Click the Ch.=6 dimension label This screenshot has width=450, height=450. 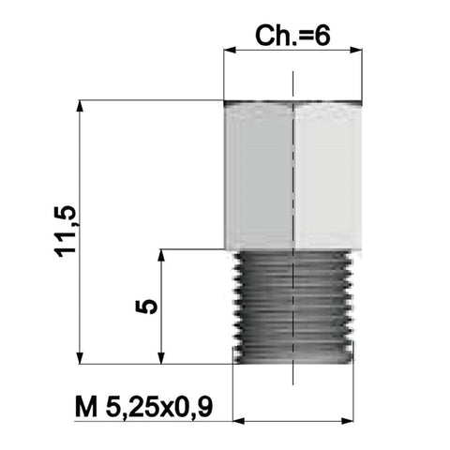click(x=292, y=36)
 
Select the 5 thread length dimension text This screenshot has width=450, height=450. click(x=146, y=307)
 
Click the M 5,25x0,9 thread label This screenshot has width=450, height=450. click(x=144, y=407)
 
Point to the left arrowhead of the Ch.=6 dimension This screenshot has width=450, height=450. click(x=230, y=50)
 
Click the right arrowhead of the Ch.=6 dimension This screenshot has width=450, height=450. click(x=356, y=50)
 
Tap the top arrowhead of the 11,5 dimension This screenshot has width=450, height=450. click(x=80, y=106)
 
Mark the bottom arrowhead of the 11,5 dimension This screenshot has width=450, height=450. click(x=80, y=358)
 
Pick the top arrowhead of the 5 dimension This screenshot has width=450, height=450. click(x=161, y=255)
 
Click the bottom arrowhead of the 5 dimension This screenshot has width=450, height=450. click(x=161, y=358)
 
